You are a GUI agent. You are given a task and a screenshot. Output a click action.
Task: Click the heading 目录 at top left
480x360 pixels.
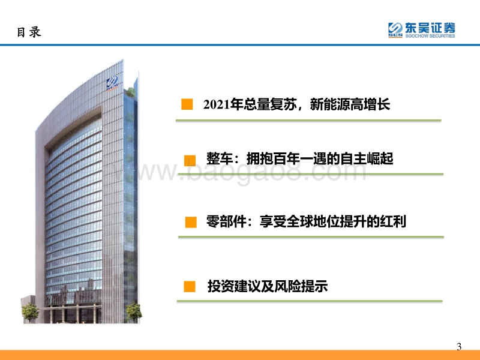29,32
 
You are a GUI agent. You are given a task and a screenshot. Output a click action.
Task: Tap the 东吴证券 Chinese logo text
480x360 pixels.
430,28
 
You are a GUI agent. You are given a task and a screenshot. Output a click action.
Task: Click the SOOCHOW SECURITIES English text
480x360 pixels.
430,36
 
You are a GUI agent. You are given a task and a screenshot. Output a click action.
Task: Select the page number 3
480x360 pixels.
459,347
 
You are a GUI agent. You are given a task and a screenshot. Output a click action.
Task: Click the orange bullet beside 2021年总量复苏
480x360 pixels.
187,104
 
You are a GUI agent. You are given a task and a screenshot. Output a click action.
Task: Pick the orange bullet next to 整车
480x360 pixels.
190,160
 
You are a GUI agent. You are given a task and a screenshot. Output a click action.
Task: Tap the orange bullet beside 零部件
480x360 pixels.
191,222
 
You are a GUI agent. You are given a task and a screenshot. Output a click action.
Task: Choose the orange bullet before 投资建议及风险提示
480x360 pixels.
190,287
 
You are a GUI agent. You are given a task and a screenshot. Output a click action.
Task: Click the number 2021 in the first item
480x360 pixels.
217,104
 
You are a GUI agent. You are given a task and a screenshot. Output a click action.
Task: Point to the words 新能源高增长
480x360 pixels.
350,104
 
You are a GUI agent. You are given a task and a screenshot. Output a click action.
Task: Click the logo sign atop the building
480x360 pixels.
112,83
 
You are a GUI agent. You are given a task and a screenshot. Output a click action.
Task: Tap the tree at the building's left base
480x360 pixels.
30,312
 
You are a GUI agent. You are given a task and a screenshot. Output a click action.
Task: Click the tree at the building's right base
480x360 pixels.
134,312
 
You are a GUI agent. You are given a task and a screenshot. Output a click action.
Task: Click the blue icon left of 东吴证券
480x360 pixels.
395,29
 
